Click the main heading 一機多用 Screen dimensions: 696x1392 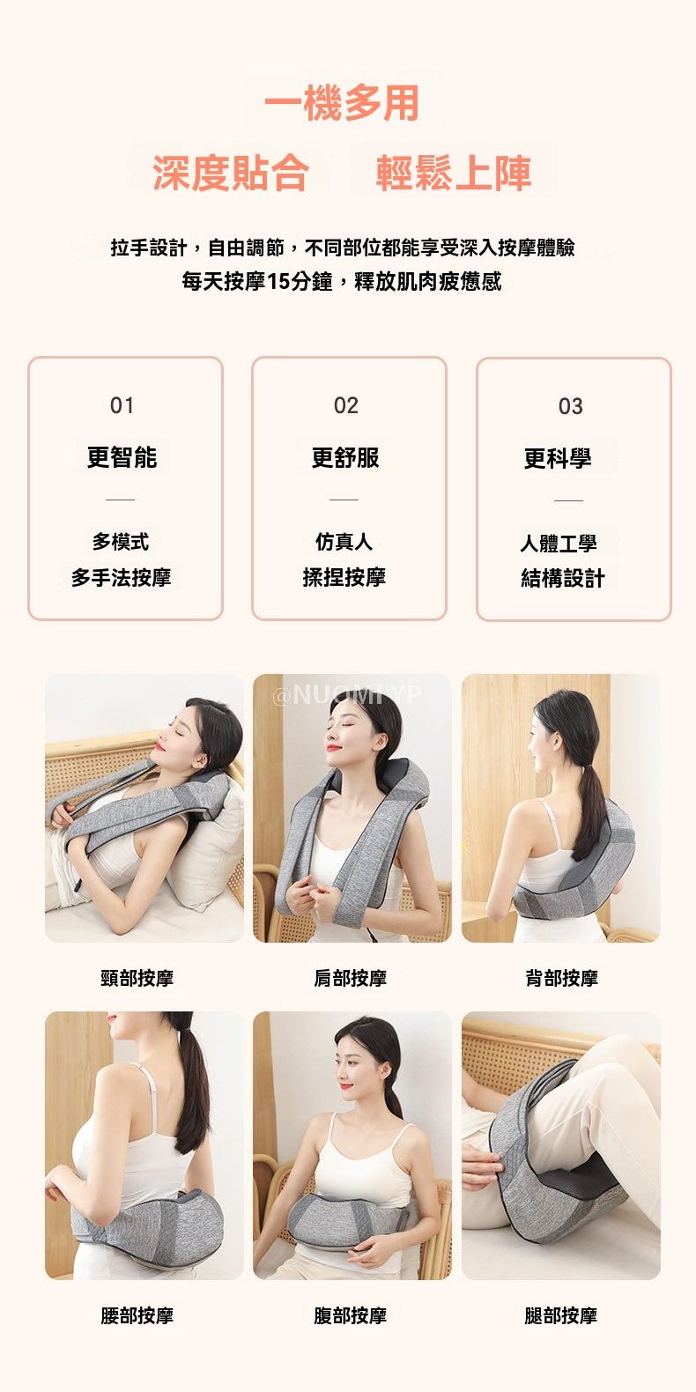(342, 103)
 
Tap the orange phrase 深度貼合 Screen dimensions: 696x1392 (231, 172)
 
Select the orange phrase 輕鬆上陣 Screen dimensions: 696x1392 (454, 172)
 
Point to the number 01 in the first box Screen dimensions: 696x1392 (122, 406)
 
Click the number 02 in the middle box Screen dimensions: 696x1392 (346, 406)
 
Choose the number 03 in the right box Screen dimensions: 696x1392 (571, 406)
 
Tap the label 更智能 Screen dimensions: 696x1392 (122, 457)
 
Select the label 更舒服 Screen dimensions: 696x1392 (345, 457)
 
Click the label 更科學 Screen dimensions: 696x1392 (558, 459)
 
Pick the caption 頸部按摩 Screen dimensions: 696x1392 (137, 978)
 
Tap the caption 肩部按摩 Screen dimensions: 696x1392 (350, 978)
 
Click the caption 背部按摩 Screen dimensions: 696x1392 (561, 978)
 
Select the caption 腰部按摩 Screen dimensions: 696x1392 (137, 1315)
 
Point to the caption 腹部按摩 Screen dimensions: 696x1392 (350, 1315)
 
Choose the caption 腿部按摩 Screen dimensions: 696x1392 (560, 1315)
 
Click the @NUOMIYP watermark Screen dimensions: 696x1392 (347, 694)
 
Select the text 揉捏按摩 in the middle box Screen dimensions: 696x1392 (344, 577)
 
